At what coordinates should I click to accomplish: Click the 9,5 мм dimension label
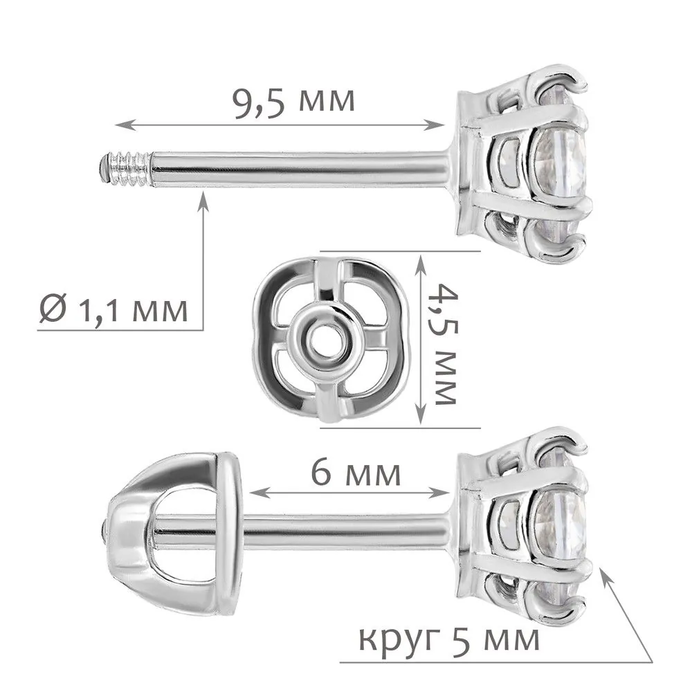293,103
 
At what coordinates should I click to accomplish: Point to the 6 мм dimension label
356,473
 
